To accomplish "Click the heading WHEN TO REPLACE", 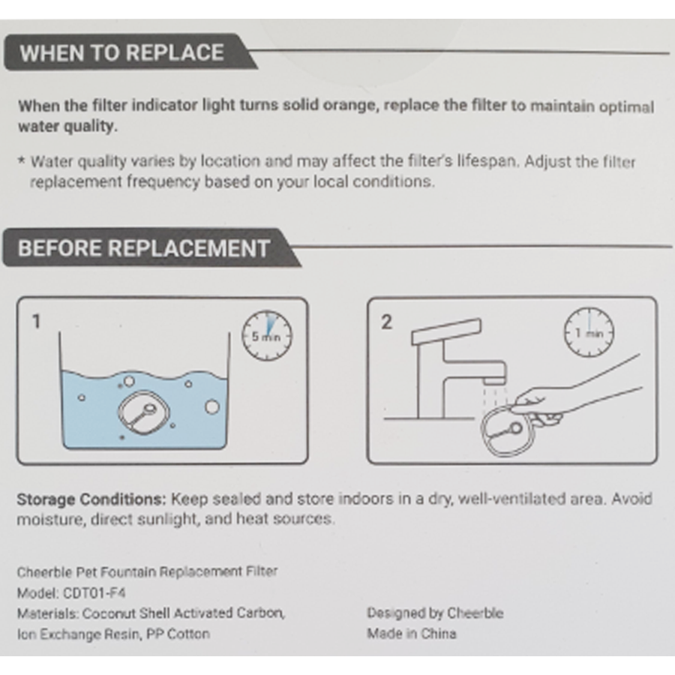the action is pyautogui.click(x=121, y=53).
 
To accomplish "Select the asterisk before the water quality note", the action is pyautogui.click(x=22, y=161).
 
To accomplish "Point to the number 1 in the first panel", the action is pyautogui.click(x=37, y=322).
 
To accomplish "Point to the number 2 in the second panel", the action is pyautogui.click(x=386, y=322).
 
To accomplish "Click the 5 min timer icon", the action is pyautogui.click(x=267, y=335).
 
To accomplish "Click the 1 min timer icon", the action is pyautogui.click(x=589, y=332).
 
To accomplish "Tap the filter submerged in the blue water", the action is pyautogui.click(x=143, y=412).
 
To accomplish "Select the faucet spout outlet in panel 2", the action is pyautogui.click(x=493, y=380).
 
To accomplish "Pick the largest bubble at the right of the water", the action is pyautogui.click(x=211, y=406).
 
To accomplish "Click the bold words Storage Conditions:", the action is pyautogui.click(x=91, y=499).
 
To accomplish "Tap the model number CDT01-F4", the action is pyautogui.click(x=94, y=592).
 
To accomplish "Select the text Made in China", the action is pyautogui.click(x=412, y=634).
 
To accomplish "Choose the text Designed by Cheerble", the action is pyautogui.click(x=435, y=613).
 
